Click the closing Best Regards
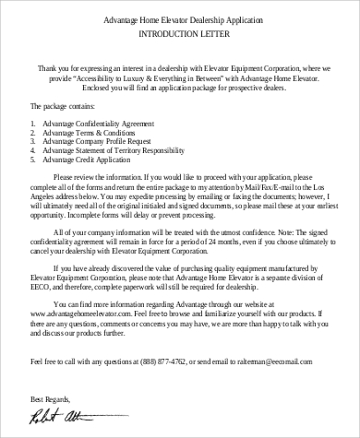tap(51, 398)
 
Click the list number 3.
tap(32, 142)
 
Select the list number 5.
tap(32, 161)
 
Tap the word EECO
tap(40, 282)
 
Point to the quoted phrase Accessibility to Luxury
tap(127, 78)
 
